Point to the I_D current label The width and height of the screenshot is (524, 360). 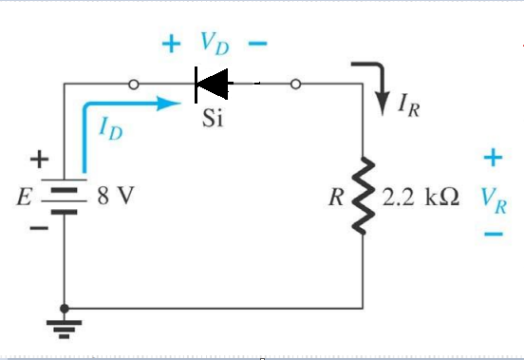coord(110,125)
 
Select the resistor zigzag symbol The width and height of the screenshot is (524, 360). coord(364,199)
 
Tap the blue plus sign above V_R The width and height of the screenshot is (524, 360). coord(493,155)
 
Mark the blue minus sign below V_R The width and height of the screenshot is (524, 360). coord(493,234)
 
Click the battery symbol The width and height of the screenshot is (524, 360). coord(65,199)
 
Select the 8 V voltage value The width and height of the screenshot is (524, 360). coord(115,199)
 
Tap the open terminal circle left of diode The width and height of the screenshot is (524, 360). coord(135,85)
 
